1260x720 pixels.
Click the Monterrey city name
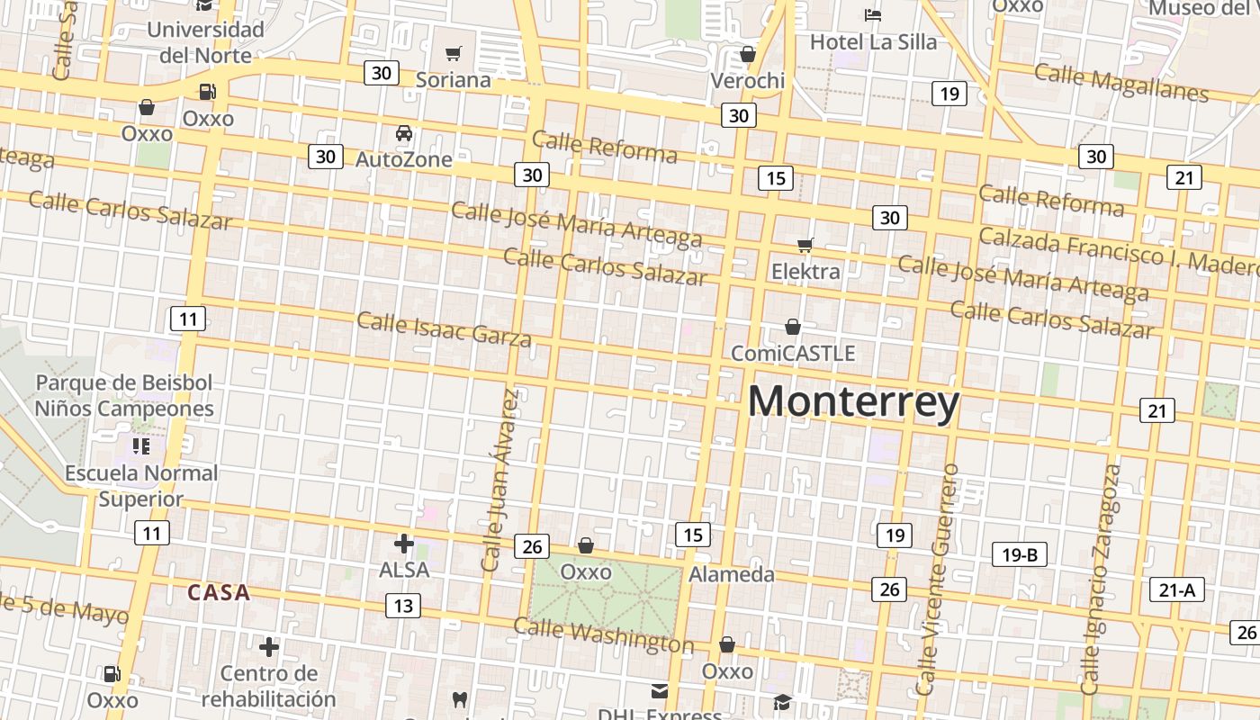click(853, 402)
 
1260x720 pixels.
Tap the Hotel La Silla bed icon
click(872, 14)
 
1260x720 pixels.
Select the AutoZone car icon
click(404, 133)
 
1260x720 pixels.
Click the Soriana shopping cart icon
click(454, 54)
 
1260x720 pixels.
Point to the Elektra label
click(805, 271)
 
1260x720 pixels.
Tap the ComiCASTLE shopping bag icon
click(793, 327)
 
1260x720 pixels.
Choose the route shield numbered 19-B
click(1020, 554)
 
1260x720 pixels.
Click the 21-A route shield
click(1176, 590)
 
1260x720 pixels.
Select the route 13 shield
click(402, 606)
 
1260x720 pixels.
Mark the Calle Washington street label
click(603, 635)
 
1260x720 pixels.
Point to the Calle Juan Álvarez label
click(500, 480)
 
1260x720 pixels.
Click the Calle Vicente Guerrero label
click(938, 579)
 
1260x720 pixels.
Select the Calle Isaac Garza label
click(445, 328)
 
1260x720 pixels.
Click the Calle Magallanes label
click(1120, 83)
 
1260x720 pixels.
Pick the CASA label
click(219, 593)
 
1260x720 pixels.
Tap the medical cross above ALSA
click(404, 543)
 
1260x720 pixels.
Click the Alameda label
click(731, 574)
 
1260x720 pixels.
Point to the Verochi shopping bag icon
click(747, 54)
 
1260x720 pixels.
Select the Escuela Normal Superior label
click(140, 485)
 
